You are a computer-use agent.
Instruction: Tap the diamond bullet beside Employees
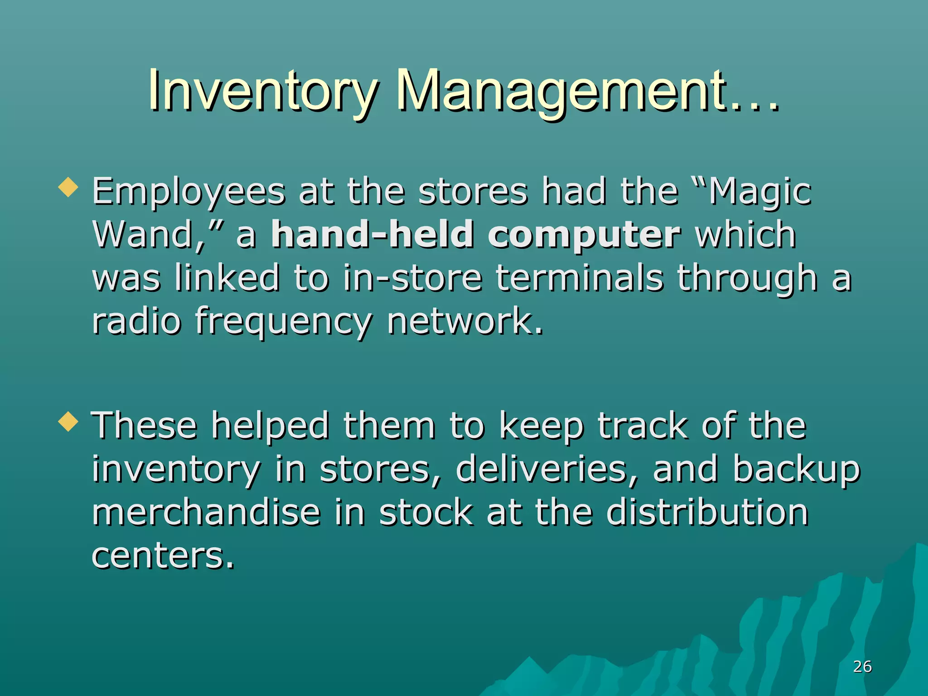[68, 187]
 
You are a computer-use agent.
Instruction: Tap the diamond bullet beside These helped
[68, 421]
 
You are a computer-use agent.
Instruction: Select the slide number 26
[862, 667]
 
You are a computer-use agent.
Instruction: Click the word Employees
[188, 193]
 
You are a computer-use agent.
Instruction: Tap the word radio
[136, 321]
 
